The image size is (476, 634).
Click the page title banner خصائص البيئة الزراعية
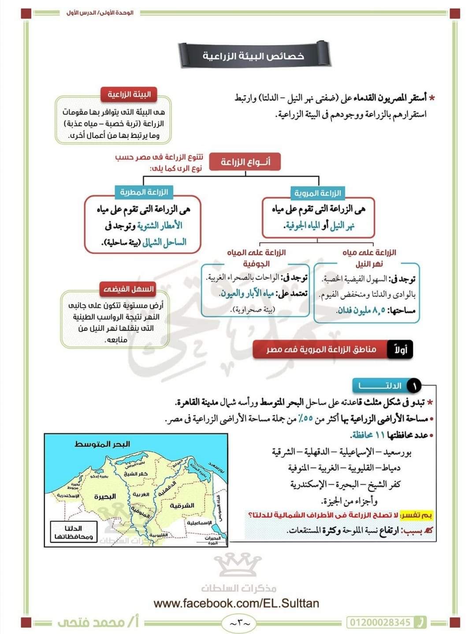coord(253,56)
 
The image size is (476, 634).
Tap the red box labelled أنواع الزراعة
coord(245,162)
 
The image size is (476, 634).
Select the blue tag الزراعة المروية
coord(318,193)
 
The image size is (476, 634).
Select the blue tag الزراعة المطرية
coord(144,192)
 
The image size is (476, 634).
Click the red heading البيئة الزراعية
coord(129,94)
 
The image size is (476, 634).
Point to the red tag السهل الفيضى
coord(129,289)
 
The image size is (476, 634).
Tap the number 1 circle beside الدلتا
coord(414,386)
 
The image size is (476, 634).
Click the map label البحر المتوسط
coord(102,444)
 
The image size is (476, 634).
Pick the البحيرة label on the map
coord(105,497)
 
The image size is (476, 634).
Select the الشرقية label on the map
coord(182,505)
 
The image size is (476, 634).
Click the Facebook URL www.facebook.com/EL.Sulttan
coord(236,603)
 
